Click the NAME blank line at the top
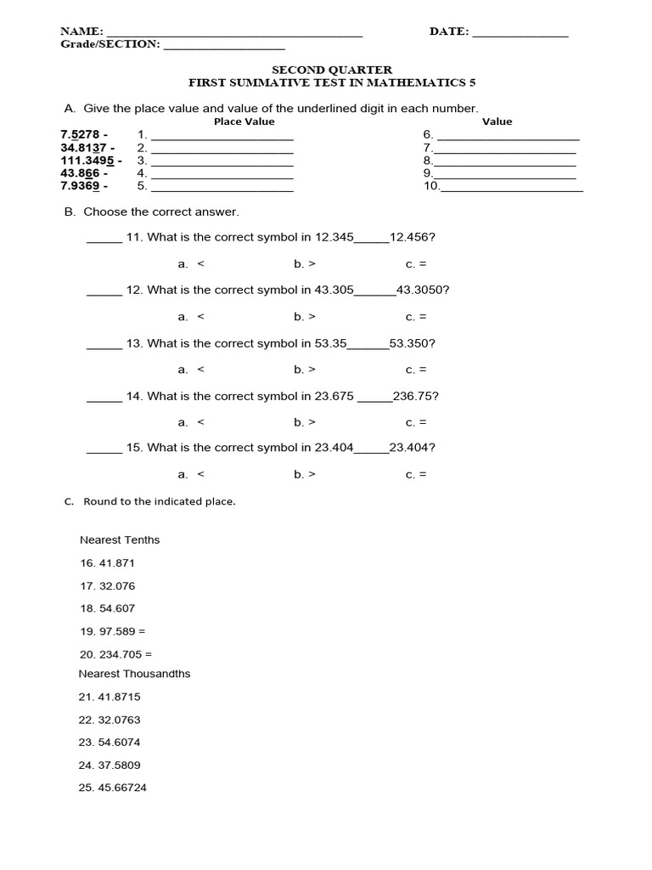[233, 35]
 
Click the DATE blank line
[520, 35]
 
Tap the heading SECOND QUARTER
[332, 70]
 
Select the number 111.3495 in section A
[90, 160]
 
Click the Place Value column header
[244, 121]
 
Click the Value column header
[497, 121]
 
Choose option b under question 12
[305, 317]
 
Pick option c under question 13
[416, 370]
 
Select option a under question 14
[191, 422]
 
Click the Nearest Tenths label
[120, 540]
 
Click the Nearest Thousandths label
[134, 674]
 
